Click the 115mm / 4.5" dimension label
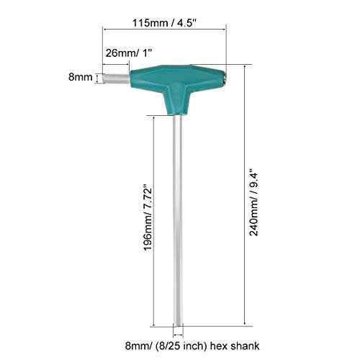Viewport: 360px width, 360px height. pyautogui.click(x=165, y=23)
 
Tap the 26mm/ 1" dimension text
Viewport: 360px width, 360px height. pyautogui.click(x=129, y=53)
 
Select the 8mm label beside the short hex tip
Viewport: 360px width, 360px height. pyautogui.click(x=81, y=77)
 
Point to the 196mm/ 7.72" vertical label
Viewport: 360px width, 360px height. pyautogui.click(x=148, y=217)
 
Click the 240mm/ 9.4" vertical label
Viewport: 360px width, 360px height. pyautogui.click(x=253, y=202)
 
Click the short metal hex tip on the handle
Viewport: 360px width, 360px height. pyautogui.click(x=116, y=78)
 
